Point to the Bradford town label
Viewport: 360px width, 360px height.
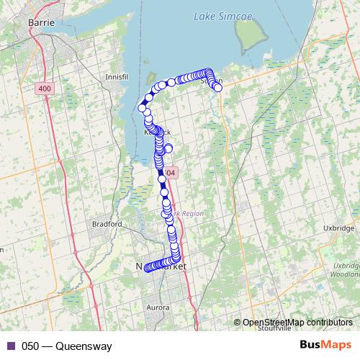click(x=107, y=224)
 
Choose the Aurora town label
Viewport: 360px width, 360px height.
click(x=158, y=307)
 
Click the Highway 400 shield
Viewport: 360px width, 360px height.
click(x=45, y=88)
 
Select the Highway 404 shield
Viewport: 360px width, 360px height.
click(x=169, y=174)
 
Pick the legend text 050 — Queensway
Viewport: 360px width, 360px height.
click(x=67, y=346)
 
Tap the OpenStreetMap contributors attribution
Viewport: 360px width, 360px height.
click(x=297, y=322)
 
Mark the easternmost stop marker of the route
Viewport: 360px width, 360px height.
click(x=217, y=88)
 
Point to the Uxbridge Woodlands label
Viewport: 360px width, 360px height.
click(x=343, y=270)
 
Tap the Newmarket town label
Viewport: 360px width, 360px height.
click(x=161, y=267)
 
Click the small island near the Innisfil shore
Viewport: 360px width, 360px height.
click(x=151, y=76)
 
